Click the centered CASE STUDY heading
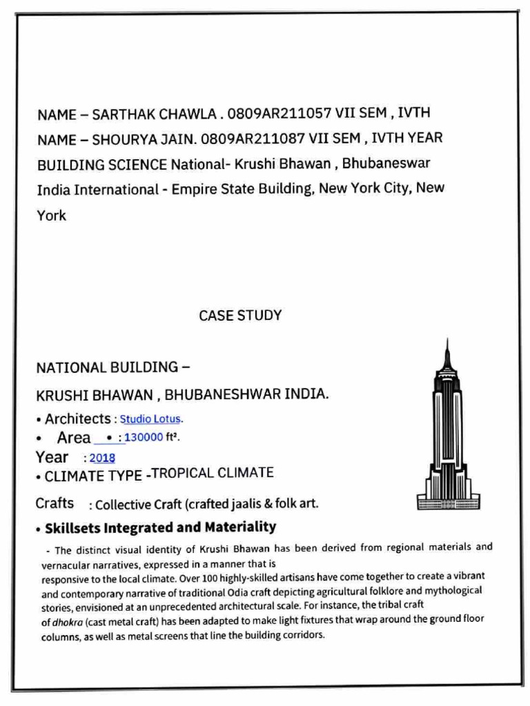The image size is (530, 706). [x=240, y=316]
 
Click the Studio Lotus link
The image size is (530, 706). [x=151, y=418]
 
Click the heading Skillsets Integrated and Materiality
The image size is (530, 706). [x=160, y=528]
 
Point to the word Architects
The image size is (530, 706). [x=77, y=418]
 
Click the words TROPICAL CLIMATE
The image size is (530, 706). [x=212, y=473]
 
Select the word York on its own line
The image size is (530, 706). [x=51, y=215]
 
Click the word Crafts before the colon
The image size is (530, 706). [x=55, y=503]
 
